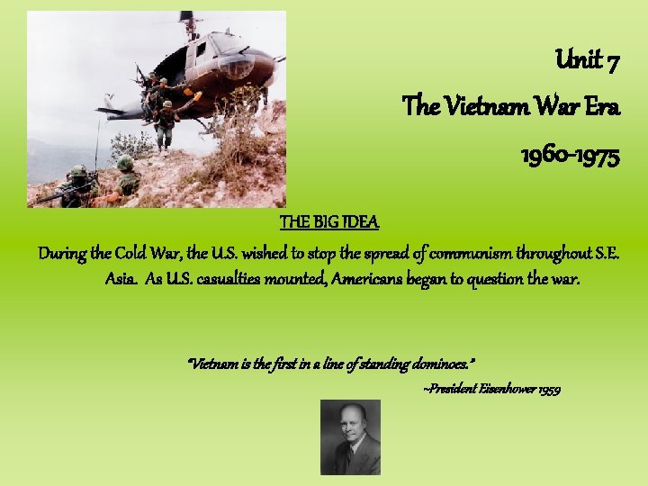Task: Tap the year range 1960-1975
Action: (x=570, y=156)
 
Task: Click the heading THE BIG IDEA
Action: (x=329, y=221)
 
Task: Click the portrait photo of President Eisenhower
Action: (x=350, y=436)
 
